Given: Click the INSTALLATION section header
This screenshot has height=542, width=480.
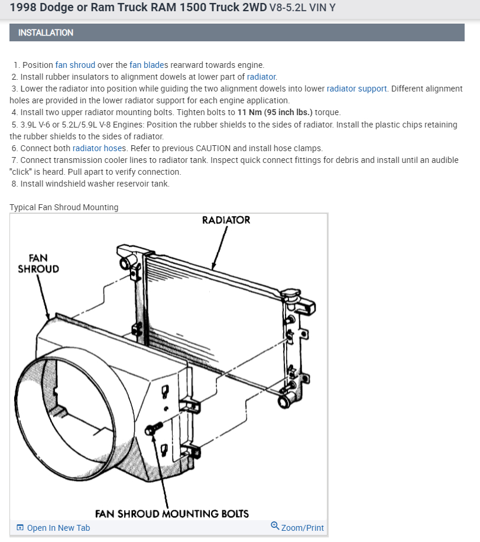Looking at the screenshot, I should tap(46, 32).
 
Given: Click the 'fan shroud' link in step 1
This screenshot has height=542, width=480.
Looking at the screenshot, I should tap(75, 65).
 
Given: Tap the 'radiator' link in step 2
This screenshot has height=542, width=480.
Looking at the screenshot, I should tap(261, 77).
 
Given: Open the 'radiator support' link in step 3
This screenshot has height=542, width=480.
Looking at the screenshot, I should tap(356, 89).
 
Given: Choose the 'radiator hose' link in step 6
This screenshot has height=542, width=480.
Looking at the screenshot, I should tap(95, 148).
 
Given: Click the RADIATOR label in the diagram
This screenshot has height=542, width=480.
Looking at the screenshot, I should tap(226, 220).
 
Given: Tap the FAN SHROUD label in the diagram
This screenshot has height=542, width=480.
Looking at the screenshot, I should tap(38, 263).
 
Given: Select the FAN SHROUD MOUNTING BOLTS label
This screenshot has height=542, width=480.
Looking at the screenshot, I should tap(172, 513).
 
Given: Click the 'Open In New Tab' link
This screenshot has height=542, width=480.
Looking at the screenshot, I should tap(58, 528).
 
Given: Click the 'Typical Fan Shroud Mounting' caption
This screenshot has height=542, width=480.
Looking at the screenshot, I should tap(64, 207).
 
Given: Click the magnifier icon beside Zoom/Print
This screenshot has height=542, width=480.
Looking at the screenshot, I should tap(275, 525).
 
